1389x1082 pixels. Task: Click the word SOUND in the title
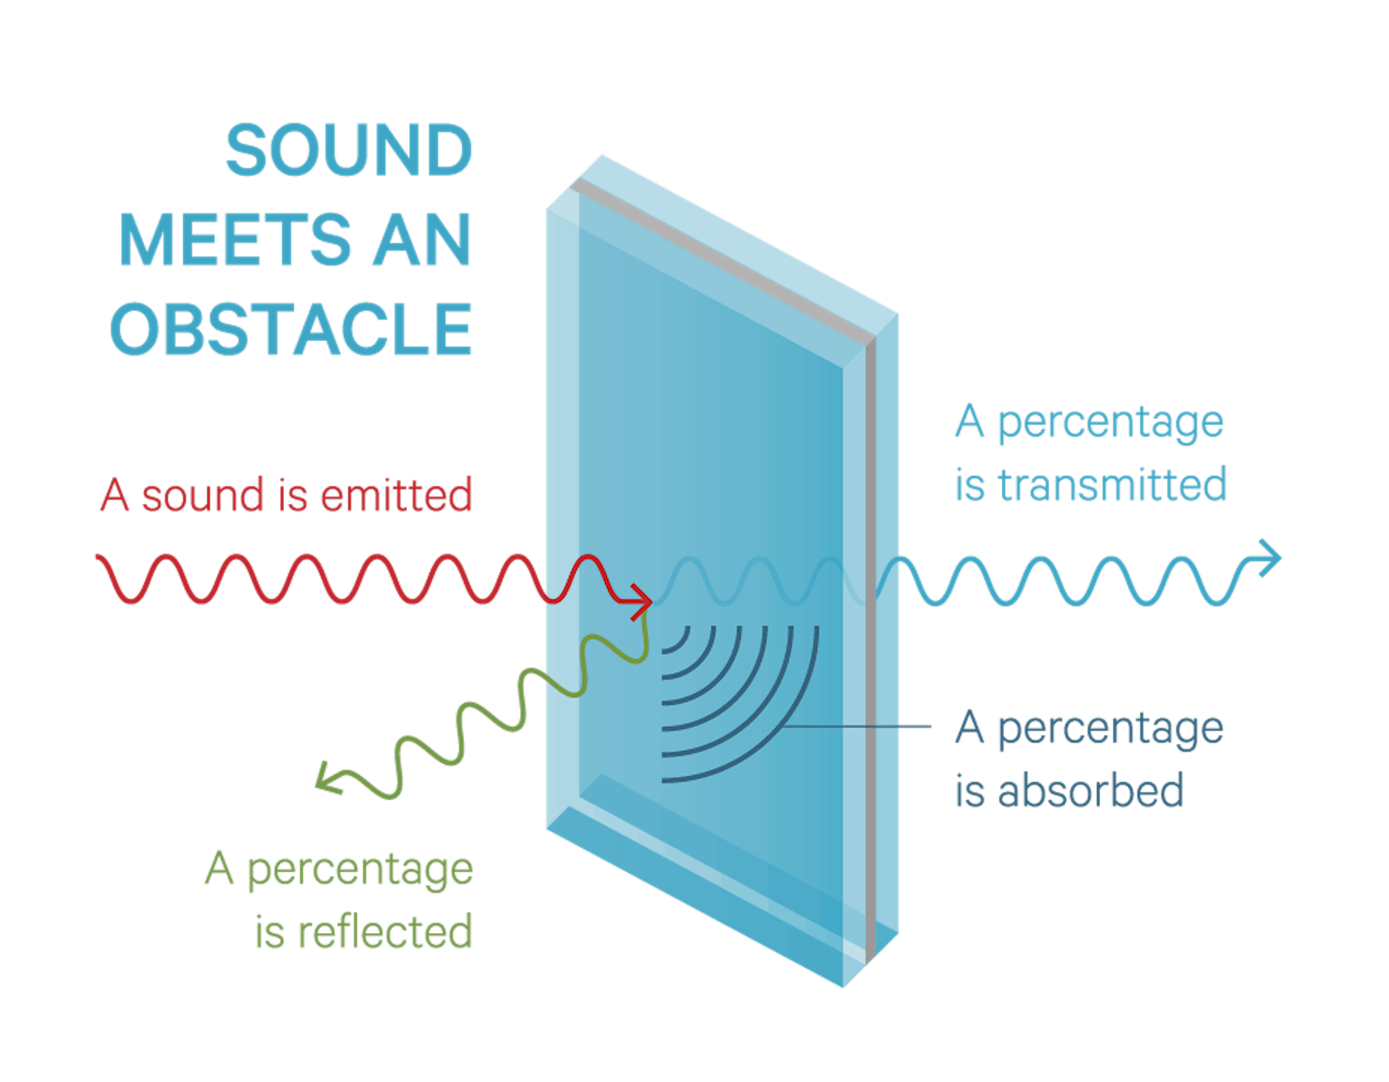(x=348, y=150)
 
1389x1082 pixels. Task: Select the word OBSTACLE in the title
(x=290, y=330)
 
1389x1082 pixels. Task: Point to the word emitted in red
(x=396, y=495)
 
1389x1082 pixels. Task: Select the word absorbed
(x=1091, y=791)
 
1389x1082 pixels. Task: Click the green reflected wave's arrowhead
(x=326, y=779)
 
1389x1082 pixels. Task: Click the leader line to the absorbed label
(x=858, y=727)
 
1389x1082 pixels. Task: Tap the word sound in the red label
(x=202, y=495)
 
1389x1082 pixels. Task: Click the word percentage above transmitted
(x=1110, y=423)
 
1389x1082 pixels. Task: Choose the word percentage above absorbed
(x=1110, y=728)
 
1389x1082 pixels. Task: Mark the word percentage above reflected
(x=360, y=870)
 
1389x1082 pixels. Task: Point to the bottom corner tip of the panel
(x=843, y=985)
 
